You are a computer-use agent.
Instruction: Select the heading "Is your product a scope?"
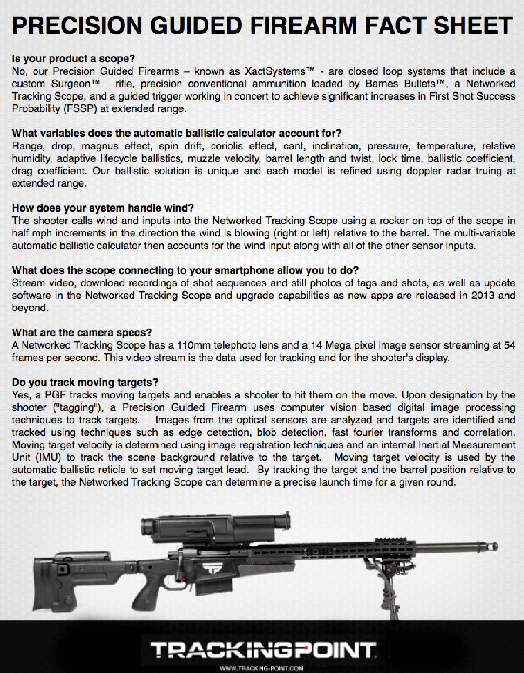[74, 58]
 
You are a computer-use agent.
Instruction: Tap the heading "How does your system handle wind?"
[103, 208]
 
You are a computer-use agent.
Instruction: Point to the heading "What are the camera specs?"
[82, 333]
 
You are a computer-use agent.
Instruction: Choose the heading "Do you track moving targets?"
[85, 383]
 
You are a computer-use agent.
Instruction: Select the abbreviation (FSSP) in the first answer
[80, 109]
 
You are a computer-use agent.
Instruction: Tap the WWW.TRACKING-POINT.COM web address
[262, 668]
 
